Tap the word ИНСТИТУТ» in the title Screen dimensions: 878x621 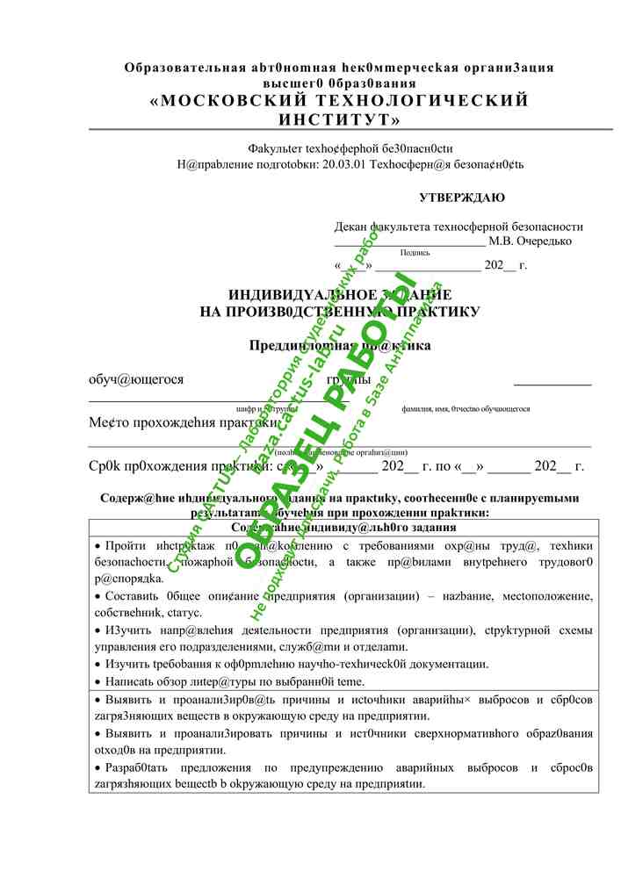(x=340, y=119)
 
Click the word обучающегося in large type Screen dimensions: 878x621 (x=136, y=379)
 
